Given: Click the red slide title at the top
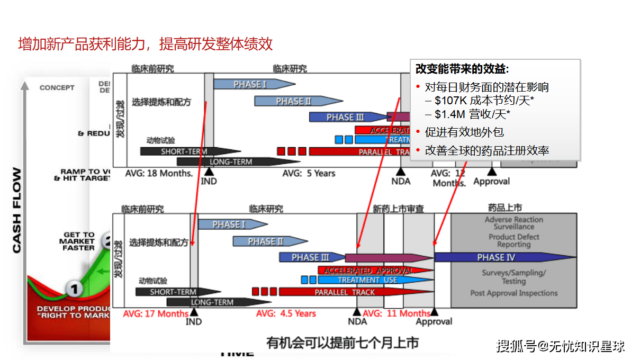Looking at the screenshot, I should (x=146, y=44).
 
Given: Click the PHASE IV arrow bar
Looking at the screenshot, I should (x=503, y=258).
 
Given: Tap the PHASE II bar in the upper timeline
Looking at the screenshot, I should (x=294, y=101).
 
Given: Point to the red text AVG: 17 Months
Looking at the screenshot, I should (x=156, y=313).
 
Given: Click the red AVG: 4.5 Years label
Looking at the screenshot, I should (x=286, y=313).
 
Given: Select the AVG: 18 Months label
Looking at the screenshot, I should (x=159, y=173).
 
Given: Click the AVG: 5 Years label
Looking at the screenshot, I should (x=309, y=173).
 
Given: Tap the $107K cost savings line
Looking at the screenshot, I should (x=480, y=101).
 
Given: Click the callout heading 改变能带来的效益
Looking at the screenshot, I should (x=462, y=70).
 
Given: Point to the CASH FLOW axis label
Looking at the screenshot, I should (x=17, y=210).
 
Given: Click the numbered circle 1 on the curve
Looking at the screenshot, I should (x=75, y=289).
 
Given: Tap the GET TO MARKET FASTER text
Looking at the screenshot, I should (x=79, y=241).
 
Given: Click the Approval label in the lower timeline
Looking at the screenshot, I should (x=434, y=321).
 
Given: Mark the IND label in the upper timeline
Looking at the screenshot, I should (x=209, y=181).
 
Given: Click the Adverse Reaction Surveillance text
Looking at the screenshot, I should (x=513, y=223).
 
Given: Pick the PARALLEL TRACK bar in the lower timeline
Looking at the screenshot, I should (x=344, y=292).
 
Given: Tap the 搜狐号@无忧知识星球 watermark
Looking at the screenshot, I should (x=560, y=347).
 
